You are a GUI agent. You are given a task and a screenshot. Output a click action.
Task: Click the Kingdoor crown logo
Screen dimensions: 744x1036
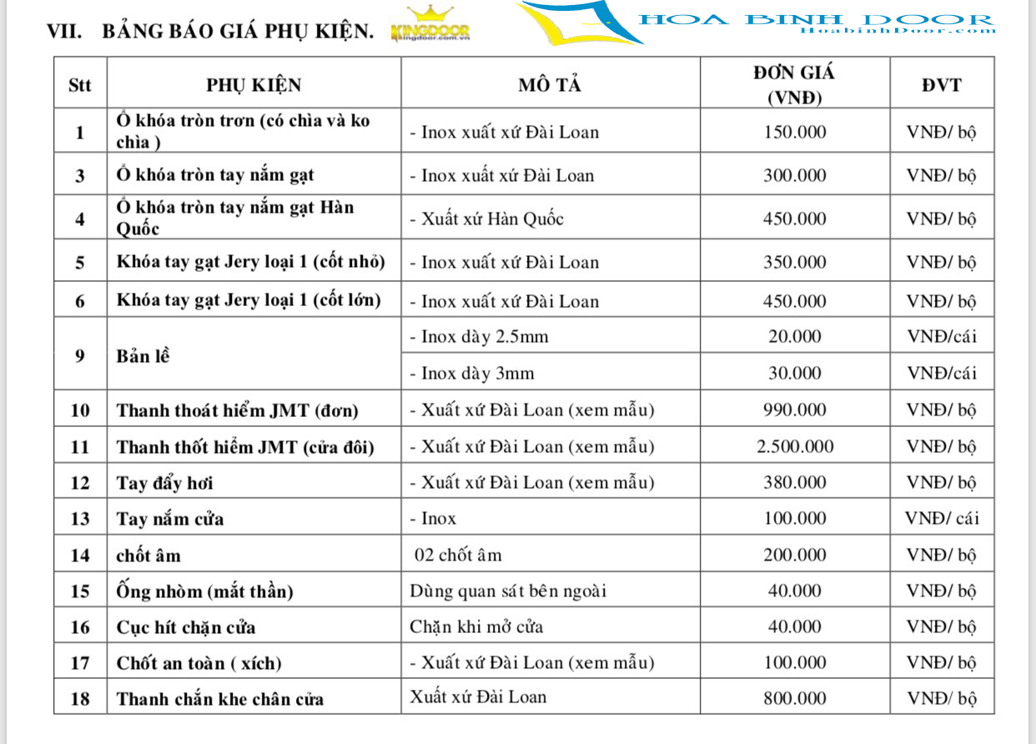click(430, 26)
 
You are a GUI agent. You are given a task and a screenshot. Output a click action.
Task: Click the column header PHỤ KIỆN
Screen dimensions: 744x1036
click(254, 84)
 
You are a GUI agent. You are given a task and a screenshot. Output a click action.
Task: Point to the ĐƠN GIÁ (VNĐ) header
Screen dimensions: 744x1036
click(794, 84)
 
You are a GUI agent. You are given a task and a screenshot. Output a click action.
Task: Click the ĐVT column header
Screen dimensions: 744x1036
click(941, 84)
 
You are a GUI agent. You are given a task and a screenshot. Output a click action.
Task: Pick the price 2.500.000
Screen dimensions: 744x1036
click(795, 446)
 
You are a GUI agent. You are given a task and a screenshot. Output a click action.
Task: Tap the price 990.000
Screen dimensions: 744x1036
click(795, 410)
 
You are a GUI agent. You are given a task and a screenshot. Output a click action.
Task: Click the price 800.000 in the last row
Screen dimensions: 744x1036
click(795, 699)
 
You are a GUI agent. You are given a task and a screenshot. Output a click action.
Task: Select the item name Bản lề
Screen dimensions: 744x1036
click(143, 355)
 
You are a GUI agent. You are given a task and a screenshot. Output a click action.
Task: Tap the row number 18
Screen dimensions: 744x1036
click(80, 699)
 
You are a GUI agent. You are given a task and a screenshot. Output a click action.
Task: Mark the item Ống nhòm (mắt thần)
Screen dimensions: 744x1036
click(204, 592)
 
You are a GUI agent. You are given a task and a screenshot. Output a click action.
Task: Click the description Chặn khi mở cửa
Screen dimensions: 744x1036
click(476, 626)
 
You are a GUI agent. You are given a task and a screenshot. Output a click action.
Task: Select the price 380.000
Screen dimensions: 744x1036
click(795, 482)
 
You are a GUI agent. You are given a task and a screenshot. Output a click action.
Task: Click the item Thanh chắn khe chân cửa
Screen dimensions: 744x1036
click(220, 699)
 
